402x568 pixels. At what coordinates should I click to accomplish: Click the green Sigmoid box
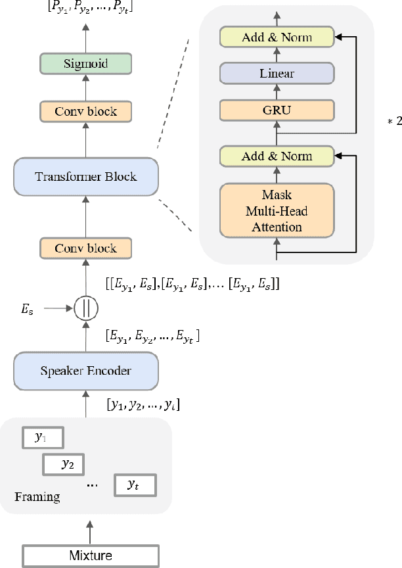(x=86, y=64)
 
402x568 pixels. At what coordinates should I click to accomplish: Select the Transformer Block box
(x=86, y=176)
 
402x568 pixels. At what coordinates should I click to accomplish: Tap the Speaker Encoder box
(x=86, y=371)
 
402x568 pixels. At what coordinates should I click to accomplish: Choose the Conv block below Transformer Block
(x=86, y=248)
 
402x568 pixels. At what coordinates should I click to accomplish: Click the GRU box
(x=277, y=110)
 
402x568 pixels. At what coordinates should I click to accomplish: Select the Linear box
(x=277, y=73)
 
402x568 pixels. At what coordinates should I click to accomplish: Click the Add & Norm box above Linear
(x=277, y=37)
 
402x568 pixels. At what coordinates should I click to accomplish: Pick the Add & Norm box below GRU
(x=277, y=156)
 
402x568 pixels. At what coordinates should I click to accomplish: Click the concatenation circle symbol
(x=86, y=307)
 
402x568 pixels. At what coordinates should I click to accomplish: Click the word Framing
(x=37, y=496)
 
